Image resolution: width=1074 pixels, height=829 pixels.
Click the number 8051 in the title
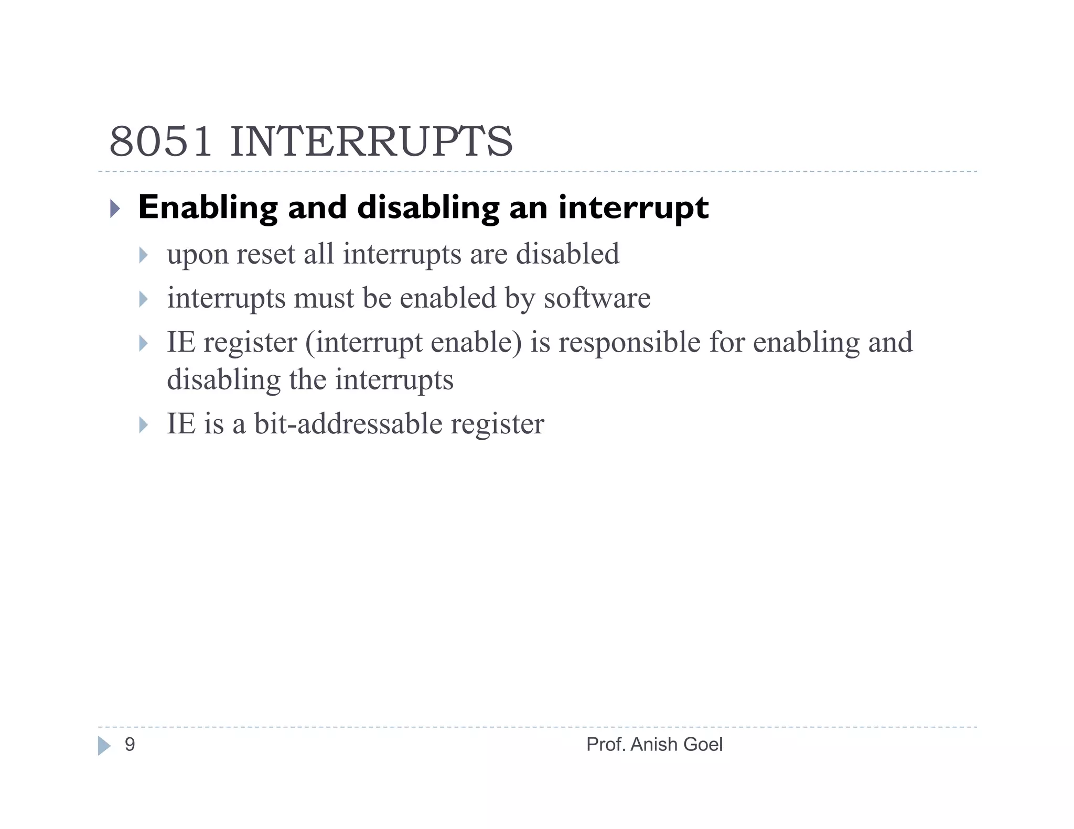coord(160,141)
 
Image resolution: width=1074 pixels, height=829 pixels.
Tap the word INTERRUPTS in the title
coord(371,141)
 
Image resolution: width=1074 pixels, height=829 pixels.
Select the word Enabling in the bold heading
coord(208,208)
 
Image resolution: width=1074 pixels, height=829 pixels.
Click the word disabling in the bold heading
coord(428,208)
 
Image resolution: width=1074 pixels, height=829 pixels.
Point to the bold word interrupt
coord(633,208)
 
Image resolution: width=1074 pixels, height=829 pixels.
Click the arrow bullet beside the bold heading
coord(115,209)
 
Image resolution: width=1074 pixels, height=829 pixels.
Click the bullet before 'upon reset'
coord(144,256)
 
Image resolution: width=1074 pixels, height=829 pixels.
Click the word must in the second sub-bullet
coord(324,298)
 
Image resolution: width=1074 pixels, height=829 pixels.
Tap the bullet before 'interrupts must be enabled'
coord(144,300)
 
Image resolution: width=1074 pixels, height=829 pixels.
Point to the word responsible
coord(629,343)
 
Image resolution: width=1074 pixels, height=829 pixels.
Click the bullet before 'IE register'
coord(144,344)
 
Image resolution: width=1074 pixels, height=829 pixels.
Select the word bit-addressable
coord(348,423)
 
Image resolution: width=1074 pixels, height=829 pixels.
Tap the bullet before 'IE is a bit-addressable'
coord(144,425)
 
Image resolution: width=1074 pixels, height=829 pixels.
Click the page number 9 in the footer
coord(130,745)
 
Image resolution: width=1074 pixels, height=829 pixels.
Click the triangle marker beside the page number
coord(104,746)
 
